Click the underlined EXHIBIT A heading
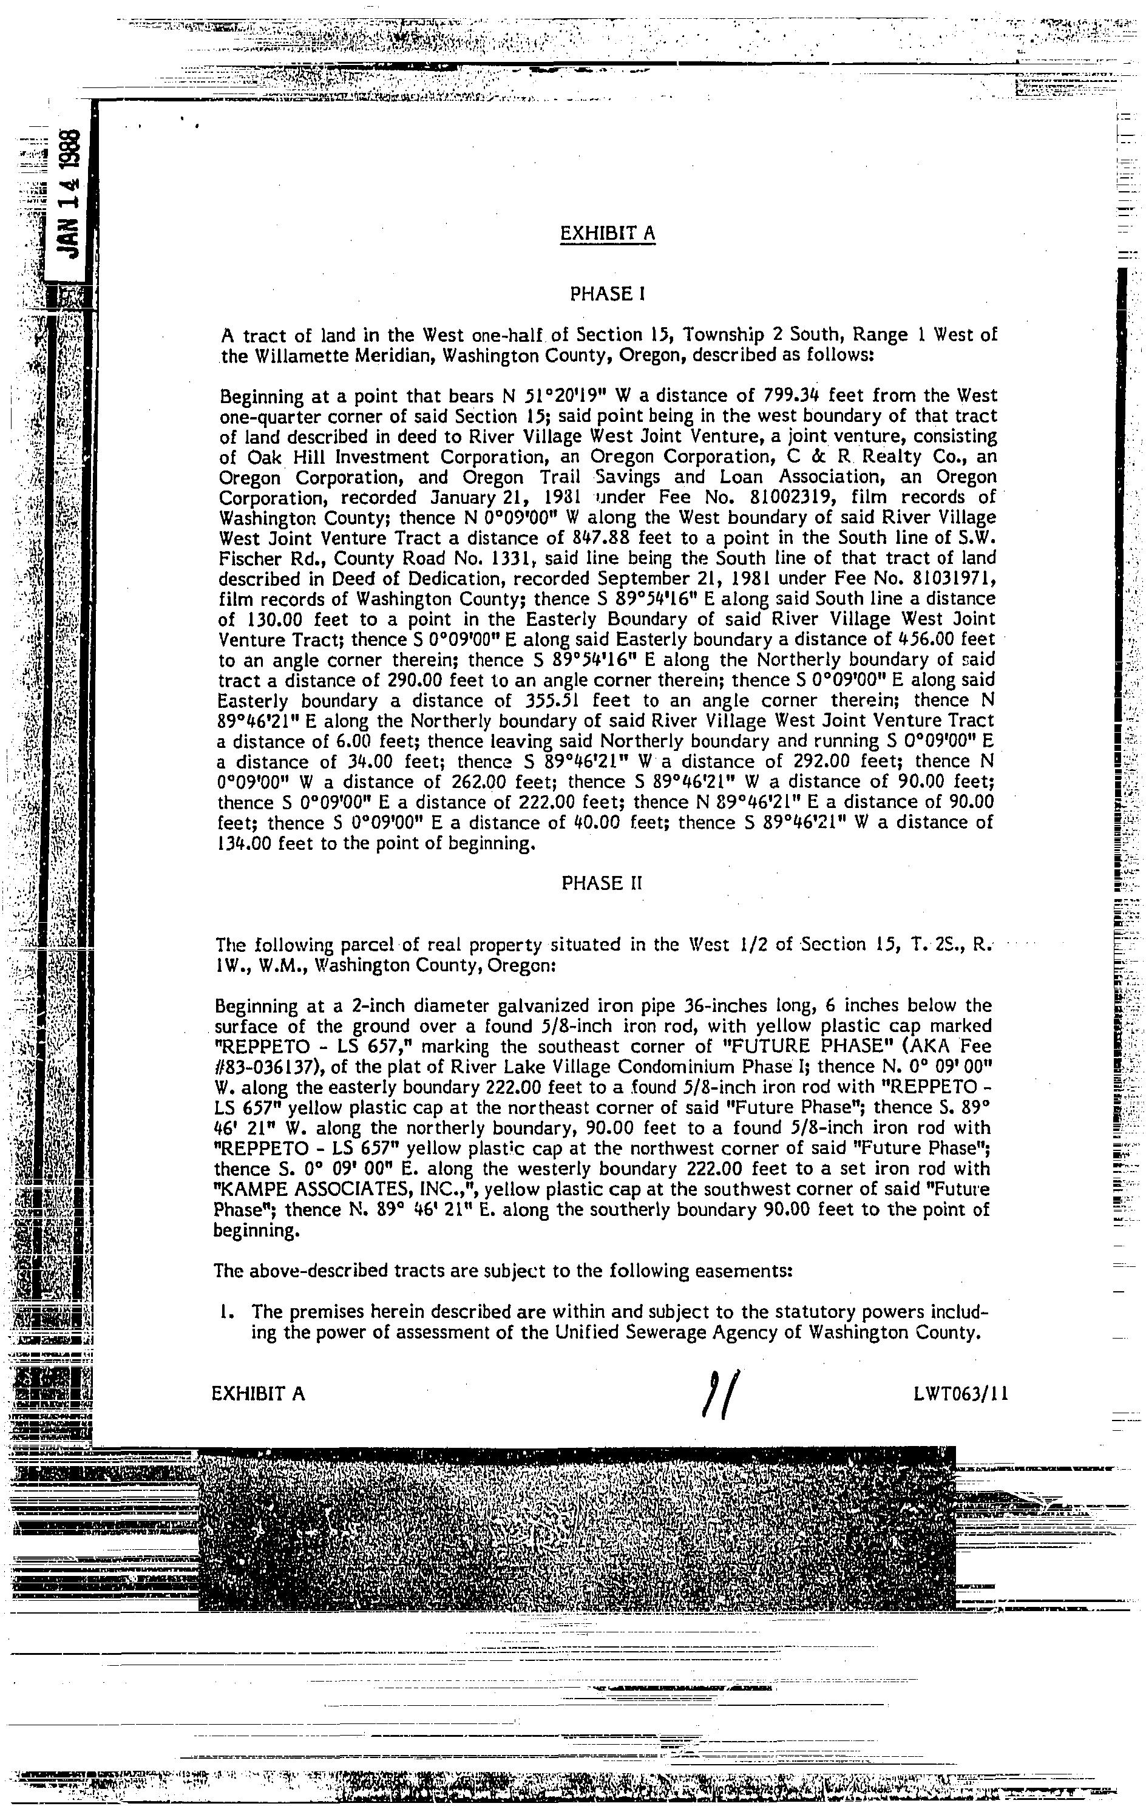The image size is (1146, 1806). (607, 234)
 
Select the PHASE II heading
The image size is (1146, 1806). (602, 883)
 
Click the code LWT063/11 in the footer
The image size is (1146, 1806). (961, 1393)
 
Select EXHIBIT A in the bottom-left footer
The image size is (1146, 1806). (259, 1393)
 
